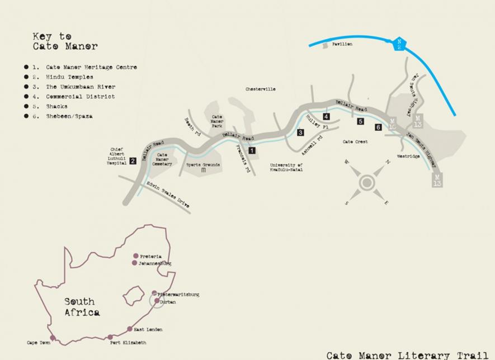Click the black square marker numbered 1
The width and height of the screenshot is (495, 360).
252,150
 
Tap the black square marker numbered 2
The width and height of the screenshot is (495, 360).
133,161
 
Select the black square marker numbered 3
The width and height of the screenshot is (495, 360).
300,132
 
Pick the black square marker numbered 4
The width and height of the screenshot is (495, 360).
326,116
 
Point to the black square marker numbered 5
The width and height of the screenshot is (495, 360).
361,121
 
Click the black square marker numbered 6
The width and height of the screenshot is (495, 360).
379,127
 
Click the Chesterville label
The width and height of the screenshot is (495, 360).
260,89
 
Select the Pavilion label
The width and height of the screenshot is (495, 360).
342,44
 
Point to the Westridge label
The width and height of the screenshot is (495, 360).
408,157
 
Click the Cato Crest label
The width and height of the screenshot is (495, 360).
355,142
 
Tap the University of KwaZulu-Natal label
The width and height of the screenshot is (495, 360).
286,167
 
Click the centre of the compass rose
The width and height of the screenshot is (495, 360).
367,182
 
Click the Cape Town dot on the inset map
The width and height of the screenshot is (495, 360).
53,338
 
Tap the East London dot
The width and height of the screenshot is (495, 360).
130,329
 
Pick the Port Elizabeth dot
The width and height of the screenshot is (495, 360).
110,337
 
